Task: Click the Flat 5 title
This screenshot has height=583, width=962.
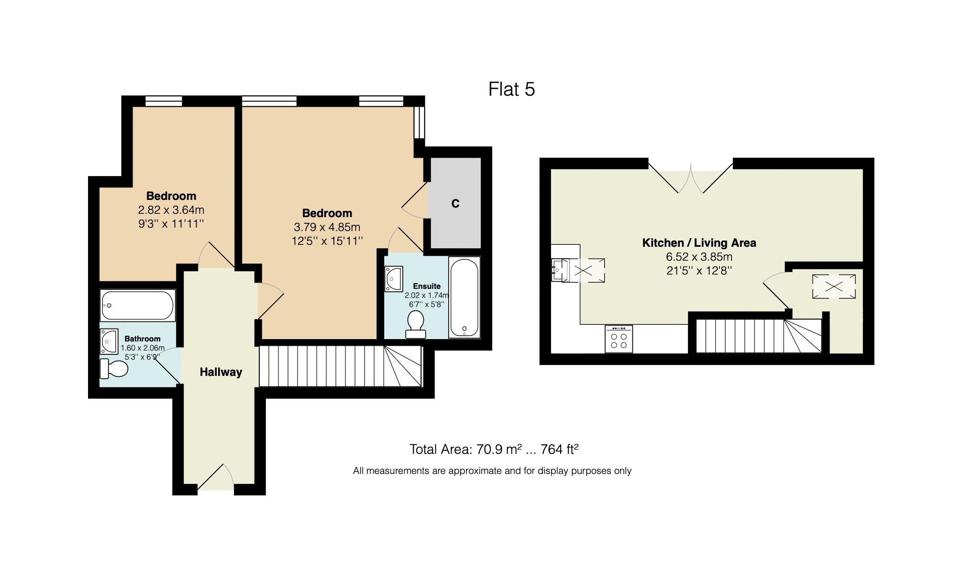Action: [511, 89]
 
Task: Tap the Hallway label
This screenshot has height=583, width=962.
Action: [221, 372]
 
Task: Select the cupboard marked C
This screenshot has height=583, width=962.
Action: [455, 203]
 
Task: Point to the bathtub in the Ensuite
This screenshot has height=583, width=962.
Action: [464, 297]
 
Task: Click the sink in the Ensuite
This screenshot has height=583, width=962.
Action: [394, 279]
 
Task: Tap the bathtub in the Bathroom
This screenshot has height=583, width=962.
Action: [138, 306]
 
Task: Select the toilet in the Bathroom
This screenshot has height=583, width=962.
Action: [114, 369]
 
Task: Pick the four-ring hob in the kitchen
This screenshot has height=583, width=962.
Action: [619, 339]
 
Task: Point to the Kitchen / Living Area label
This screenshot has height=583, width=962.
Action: [699, 243]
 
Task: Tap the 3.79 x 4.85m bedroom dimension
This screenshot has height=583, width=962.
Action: [327, 227]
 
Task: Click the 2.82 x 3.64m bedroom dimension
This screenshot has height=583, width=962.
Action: [171, 210]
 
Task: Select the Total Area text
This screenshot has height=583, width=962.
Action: [494, 450]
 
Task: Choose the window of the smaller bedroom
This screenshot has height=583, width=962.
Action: [164, 101]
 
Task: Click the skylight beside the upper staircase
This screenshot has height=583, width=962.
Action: [834, 286]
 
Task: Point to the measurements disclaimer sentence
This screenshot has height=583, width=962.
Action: [492, 471]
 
